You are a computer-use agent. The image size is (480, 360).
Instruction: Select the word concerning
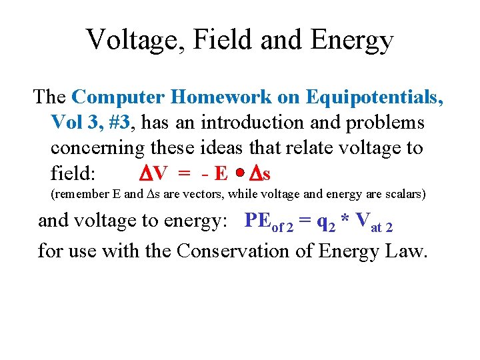(x=95, y=149)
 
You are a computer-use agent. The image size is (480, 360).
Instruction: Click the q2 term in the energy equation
(x=329, y=221)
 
